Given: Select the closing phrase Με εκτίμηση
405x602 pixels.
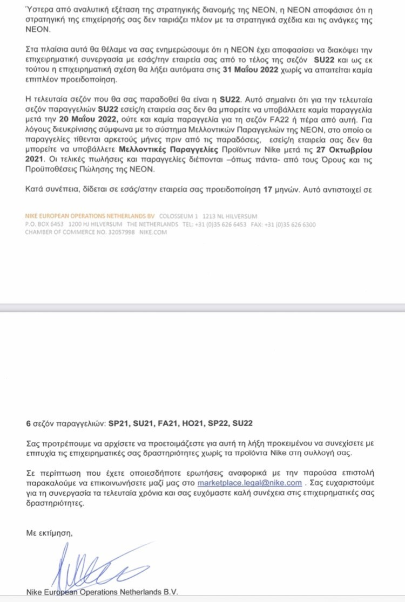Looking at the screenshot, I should pos(49,533).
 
